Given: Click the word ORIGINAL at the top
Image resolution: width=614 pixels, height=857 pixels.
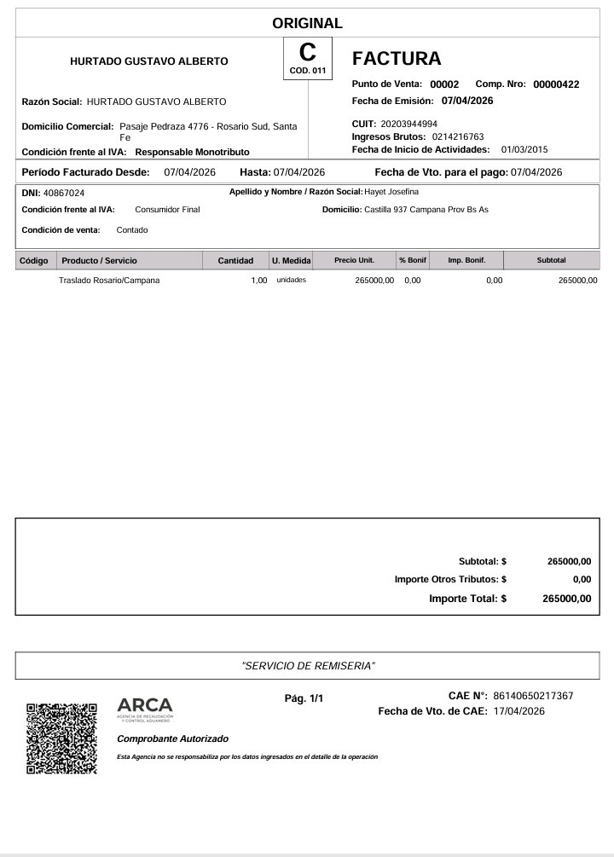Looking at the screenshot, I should pos(307,24).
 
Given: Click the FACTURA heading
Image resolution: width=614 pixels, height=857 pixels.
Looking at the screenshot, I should pos(397,59).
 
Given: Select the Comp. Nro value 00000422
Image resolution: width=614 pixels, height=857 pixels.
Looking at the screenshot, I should pos(556,84).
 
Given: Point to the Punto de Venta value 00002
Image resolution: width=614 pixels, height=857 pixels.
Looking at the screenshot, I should pos(444,84).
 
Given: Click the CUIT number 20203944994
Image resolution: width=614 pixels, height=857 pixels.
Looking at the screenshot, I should pos(408,124).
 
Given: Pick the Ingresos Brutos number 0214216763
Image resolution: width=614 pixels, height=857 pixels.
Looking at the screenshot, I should pos(458,136).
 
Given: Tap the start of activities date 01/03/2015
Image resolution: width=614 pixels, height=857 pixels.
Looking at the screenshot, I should pos(524,149).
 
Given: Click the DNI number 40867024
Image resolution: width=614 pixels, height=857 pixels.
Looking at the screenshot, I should pos(64,193).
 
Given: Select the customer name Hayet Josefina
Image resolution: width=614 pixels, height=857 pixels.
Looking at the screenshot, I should pos(391,192).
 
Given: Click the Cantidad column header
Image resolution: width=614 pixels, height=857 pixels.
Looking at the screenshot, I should pos(235,260).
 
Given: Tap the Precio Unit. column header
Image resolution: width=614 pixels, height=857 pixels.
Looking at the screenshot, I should pos(354,260).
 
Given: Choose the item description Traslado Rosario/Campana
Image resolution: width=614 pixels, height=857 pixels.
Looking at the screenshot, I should pos(108,280).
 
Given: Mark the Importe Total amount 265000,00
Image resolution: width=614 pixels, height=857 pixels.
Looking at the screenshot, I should pos(566,599).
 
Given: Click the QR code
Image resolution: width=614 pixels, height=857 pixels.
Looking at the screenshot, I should pos(61,738).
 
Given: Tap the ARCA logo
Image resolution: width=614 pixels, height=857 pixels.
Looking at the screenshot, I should pos(144,708).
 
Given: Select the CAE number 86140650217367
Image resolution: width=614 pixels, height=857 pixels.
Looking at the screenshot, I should pos(533,696).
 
